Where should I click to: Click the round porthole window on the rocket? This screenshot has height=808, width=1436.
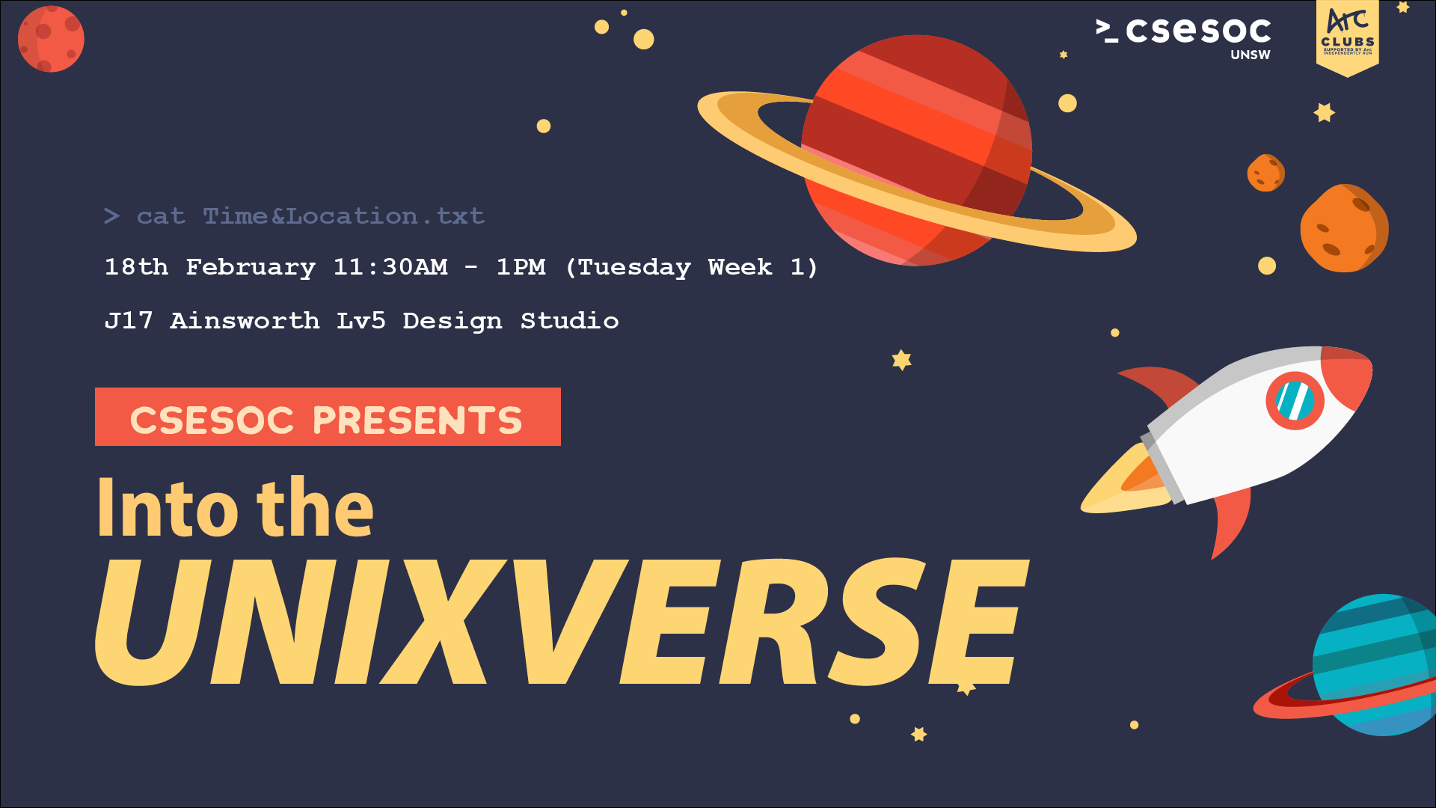click(1295, 401)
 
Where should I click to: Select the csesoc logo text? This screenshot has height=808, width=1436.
click(1197, 31)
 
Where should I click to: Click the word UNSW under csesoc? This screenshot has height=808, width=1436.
click(1250, 55)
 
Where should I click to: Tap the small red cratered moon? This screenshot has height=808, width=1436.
click(51, 39)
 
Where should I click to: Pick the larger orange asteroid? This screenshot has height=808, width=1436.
click(1344, 228)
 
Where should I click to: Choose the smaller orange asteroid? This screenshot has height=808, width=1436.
click(1265, 173)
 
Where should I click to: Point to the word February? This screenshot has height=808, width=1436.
click(251, 267)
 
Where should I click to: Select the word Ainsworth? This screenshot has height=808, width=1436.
click(245, 321)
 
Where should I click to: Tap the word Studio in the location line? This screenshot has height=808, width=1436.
click(569, 321)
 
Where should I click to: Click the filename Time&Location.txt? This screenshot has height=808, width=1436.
click(343, 216)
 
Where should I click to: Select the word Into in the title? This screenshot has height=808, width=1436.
click(168, 509)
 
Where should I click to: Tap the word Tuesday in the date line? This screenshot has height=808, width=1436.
click(634, 267)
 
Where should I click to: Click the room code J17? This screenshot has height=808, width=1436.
click(129, 321)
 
